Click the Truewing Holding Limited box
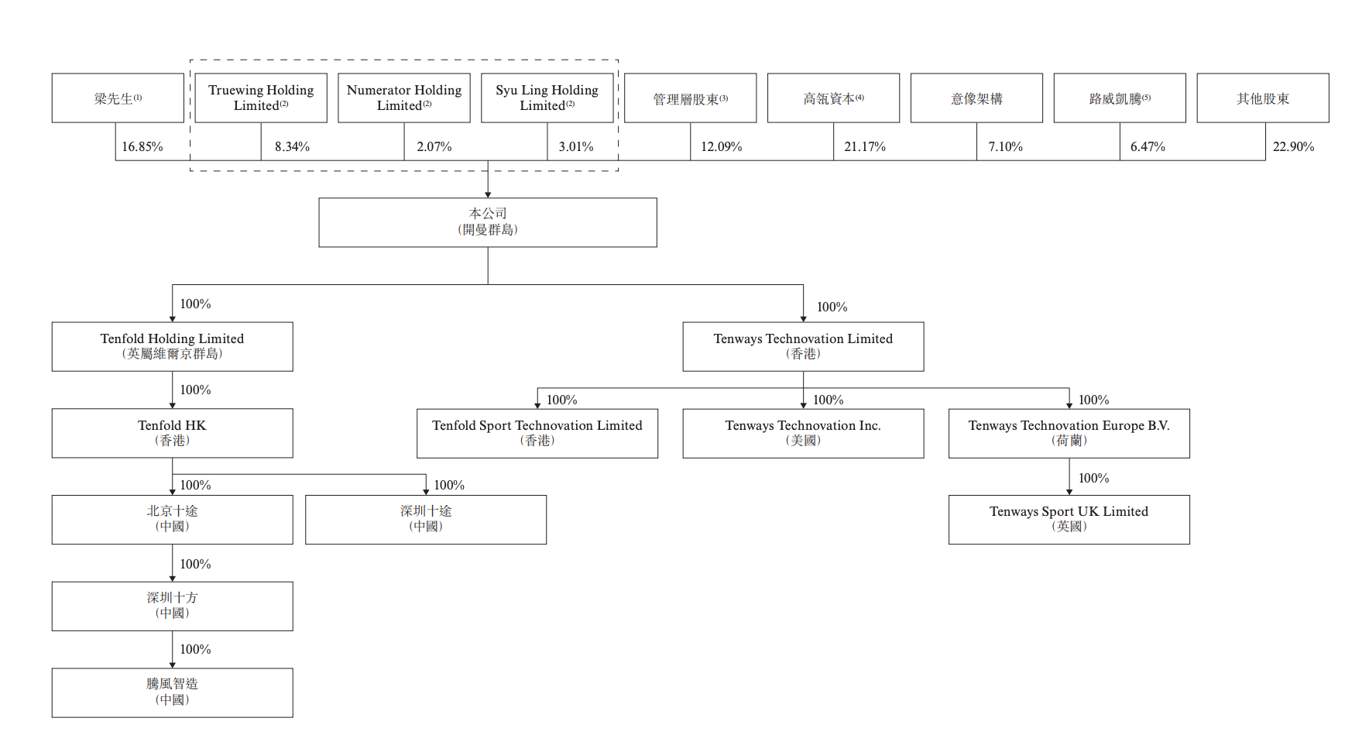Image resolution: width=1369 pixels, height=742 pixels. click(261, 98)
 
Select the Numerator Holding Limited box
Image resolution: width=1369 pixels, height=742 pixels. click(404, 98)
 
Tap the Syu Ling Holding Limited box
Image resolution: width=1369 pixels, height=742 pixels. click(547, 98)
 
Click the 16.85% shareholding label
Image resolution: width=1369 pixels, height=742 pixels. click(142, 146)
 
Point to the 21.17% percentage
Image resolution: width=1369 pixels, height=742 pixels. click(865, 146)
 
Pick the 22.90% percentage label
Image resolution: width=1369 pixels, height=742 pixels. click(1293, 146)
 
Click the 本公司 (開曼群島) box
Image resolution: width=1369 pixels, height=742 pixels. click(488, 222)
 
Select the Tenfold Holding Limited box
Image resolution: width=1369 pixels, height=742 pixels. click(173, 346)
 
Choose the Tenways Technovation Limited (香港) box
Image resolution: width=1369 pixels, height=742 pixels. click(803, 346)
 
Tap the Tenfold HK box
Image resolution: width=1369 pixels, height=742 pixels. click(173, 433)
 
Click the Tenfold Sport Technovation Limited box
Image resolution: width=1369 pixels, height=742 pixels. click(537, 433)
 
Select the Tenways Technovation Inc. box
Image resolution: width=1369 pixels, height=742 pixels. click(803, 433)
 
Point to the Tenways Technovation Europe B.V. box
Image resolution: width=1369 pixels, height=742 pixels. click(1069, 433)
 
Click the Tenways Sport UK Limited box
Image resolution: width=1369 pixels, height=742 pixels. click(1069, 520)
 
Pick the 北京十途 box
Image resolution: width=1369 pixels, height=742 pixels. click(173, 520)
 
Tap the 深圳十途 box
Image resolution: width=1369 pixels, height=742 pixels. click(426, 520)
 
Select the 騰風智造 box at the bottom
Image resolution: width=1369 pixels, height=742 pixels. click(173, 692)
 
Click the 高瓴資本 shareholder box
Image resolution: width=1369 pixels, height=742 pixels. click(834, 98)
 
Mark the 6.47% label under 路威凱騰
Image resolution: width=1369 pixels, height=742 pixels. click(1148, 146)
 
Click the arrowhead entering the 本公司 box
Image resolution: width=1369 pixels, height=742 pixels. click(488, 194)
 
